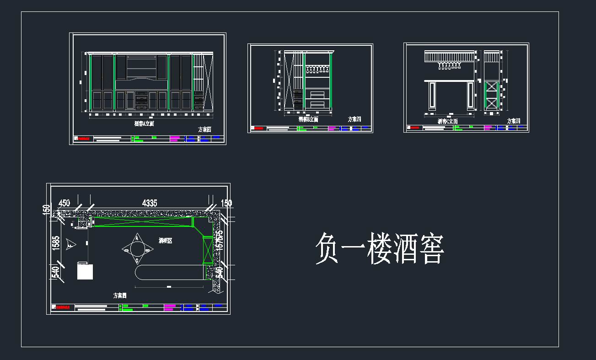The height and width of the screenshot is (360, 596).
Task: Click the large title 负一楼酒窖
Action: coord(379,249)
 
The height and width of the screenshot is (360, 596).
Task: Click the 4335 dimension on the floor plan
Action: coord(150,203)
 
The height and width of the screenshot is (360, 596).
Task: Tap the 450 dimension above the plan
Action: coord(64,203)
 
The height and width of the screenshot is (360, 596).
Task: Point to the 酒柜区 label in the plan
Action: coord(165,240)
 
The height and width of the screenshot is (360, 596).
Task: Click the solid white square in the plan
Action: coord(85,271)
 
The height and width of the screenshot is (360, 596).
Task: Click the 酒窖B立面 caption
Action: coord(308,119)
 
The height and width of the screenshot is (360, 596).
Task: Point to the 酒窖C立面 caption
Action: coord(447,122)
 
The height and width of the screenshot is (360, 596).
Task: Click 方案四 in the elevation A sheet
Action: coord(204,129)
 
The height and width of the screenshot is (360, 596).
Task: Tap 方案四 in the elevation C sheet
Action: coord(514,121)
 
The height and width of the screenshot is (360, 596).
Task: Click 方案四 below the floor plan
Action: coord(120,296)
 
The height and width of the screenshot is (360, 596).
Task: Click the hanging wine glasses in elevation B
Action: coord(317,70)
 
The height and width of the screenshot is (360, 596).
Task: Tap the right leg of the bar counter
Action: coord(470,97)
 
